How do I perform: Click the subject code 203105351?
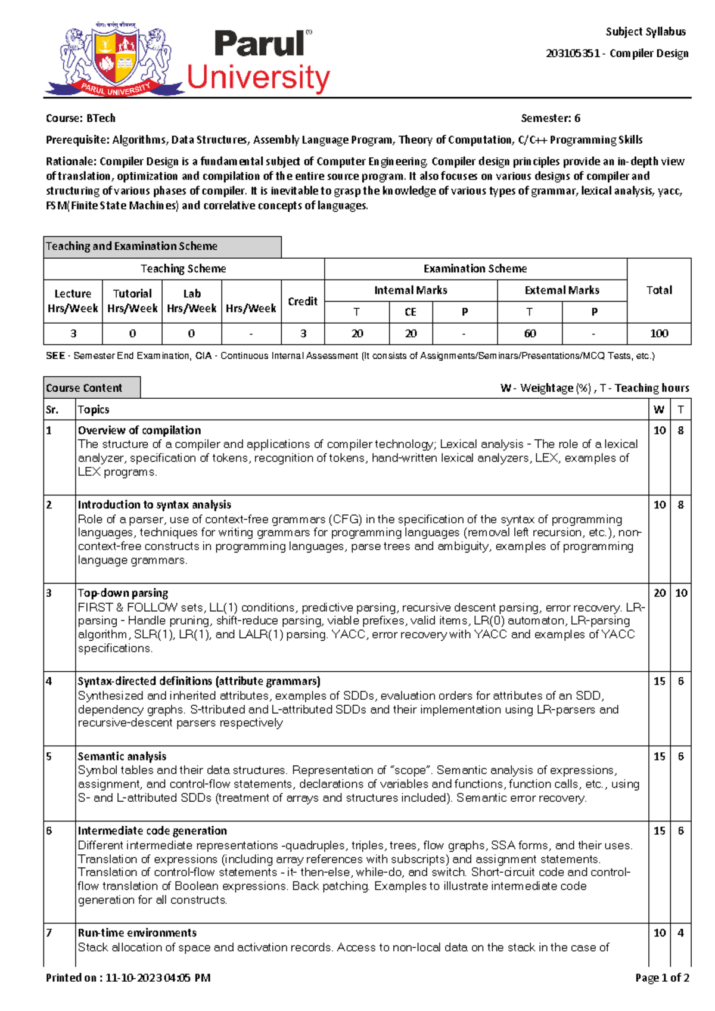tap(573, 54)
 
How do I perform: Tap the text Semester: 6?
tap(550, 118)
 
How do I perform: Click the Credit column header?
tap(303, 301)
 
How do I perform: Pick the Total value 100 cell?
tap(659, 334)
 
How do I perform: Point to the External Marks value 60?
tap(530, 334)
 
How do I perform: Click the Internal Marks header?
tap(411, 290)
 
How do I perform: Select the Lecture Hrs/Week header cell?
tap(73, 301)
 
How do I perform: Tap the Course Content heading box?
tap(92, 387)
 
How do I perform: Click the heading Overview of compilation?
tap(139, 430)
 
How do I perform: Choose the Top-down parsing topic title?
tap(123, 593)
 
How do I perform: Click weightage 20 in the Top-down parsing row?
tap(660, 593)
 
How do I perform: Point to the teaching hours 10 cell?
tap(681, 593)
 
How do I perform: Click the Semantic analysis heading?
tap(122, 756)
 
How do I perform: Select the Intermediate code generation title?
tap(153, 831)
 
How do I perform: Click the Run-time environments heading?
tap(137, 933)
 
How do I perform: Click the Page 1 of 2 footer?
tap(662, 978)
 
